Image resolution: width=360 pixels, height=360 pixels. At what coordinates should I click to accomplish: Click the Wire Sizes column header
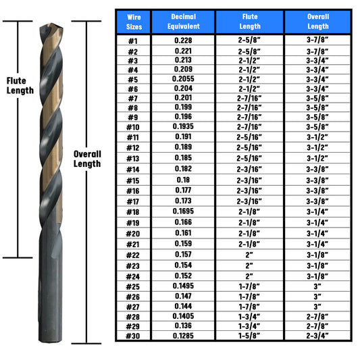point(134,22)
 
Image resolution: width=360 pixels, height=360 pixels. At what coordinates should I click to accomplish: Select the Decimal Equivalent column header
point(184,22)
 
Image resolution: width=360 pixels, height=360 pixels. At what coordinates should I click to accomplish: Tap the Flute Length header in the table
point(250,22)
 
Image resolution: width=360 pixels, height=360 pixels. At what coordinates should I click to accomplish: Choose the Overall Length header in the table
point(318,22)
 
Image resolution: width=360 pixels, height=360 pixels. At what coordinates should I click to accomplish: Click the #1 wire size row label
point(133,41)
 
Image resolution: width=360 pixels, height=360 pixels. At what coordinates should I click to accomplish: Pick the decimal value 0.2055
point(183,79)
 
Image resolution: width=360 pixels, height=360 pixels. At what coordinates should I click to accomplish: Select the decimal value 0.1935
point(183,126)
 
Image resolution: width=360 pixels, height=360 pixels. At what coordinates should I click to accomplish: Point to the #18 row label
point(133,212)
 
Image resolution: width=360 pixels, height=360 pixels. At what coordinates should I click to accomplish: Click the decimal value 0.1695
point(183,211)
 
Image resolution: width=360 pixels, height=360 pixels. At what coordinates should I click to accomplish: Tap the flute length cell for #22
point(249,255)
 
